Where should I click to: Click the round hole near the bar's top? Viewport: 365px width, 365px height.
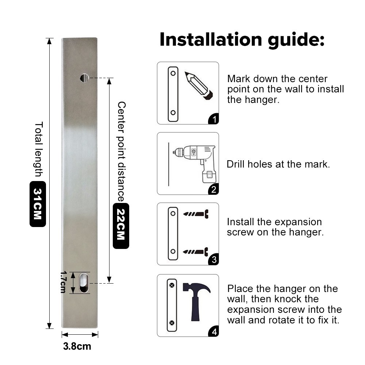[x=84, y=78]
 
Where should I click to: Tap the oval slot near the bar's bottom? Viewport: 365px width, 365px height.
[x=84, y=283]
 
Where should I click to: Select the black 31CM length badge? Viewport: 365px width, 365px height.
[x=38, y=204]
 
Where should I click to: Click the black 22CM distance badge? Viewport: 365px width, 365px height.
[x=121, y=226]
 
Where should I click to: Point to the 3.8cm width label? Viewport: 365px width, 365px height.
[x=77, y=346]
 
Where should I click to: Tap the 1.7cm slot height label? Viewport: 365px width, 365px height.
[x=63, y=282]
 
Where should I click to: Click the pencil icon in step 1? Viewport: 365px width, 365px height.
[x=199, y=86]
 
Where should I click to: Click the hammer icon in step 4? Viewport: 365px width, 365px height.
[x=196, y=302]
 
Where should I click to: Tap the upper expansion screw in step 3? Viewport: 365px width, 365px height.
[x=196, y=214]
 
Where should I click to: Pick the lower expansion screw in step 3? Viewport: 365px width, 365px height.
[x=196, y=251]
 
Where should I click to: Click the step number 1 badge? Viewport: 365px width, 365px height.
[x=214, y=119]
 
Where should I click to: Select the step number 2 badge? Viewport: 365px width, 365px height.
[x=214, y=189]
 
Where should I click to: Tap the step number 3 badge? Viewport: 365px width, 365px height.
[x=214, y=260]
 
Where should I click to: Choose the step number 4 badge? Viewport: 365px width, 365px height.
[x=214, y=331]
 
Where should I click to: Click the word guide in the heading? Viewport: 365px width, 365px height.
[x=296, y=40]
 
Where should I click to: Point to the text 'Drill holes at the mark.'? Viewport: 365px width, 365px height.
[x=278, y=164]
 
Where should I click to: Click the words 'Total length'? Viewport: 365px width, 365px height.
[x=39, y=149]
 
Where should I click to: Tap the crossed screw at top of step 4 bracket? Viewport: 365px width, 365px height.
[x=172, y=285]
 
